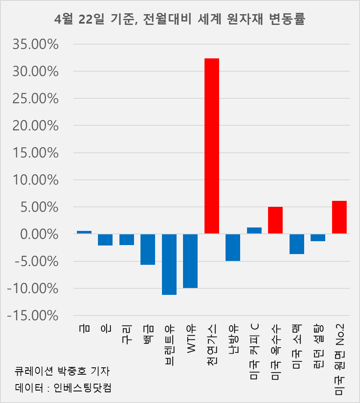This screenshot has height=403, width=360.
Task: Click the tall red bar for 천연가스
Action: tap(211, 146)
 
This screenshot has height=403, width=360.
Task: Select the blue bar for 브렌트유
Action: tap(169, 264)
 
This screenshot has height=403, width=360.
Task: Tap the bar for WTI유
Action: tap(190, 261)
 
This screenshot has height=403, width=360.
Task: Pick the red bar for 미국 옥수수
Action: tap(275, 220)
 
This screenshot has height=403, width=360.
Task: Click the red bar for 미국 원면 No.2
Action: tap(339, 217)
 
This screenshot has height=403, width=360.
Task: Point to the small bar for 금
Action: tap(84, 232)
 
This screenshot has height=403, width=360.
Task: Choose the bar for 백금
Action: tap(148, 249)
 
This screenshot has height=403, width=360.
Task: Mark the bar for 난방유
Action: tap(233, 247)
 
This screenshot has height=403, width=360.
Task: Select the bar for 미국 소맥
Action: tap(297, 244)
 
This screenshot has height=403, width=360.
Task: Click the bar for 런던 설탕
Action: tap(318, 237)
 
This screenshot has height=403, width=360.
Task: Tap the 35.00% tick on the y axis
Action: tap(33, 44)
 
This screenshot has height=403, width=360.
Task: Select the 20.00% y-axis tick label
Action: tap(33, 126)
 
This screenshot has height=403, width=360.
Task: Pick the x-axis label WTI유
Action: tap(191, 337)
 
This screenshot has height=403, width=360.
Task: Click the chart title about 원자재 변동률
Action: tap(180, 19)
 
